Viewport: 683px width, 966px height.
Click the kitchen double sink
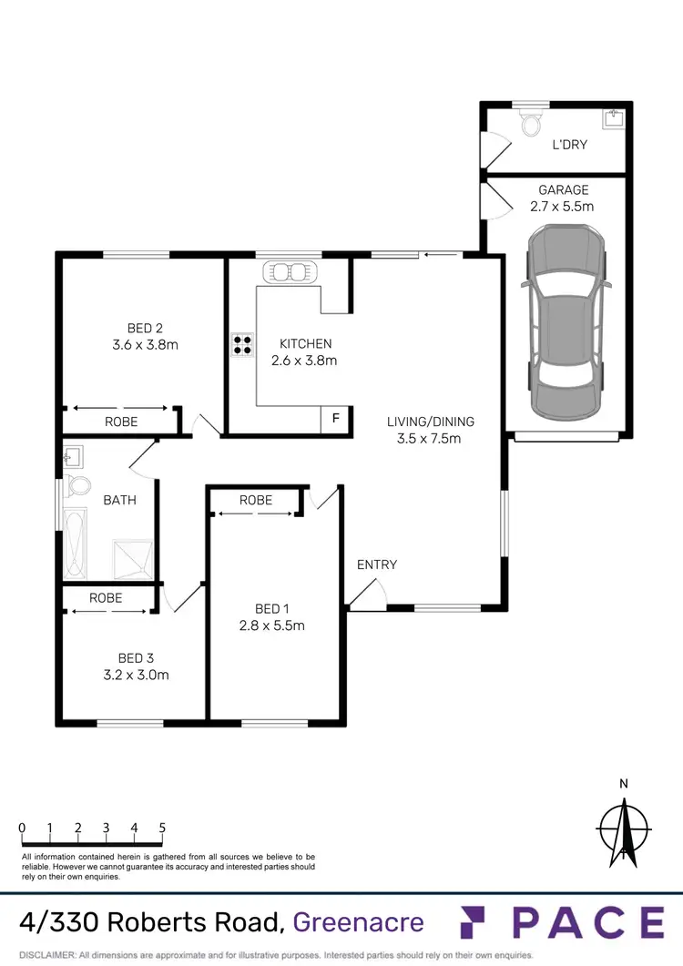point(289,271)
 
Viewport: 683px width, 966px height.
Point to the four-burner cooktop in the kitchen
point(242,345)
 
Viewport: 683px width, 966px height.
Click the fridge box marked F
point(335,419)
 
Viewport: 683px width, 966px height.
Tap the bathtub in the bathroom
point(76,543)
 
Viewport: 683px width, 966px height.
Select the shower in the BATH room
point(133,558)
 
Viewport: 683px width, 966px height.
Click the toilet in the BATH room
point(76,484)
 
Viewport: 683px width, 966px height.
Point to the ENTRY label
point(377,564)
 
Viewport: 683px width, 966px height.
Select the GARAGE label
point(564,190)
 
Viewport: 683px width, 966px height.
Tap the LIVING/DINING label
point(431,422)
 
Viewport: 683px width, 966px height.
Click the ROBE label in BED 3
point(106,598)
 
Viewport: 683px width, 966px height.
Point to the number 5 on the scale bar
point(162,828)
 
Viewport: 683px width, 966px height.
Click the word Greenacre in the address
point(359,922)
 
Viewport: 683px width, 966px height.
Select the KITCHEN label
point(305,343)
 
